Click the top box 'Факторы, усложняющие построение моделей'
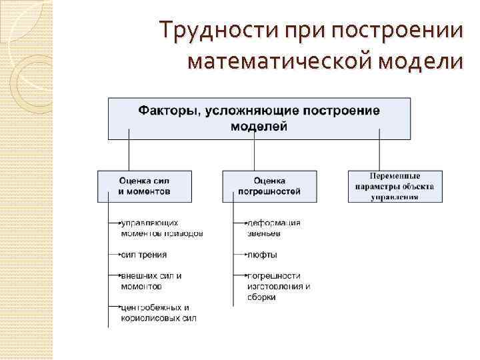pyautogui.click(x=259, y=118)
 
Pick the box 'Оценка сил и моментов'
pyautogui.click(x=145, y=186)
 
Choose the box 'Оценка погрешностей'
pyautogui.click(x=269, y=186)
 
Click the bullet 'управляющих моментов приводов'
pyautogui.click(x=161, y=228)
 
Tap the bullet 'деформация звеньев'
pyautogui.click(x=273, y=228)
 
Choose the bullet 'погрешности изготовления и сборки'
pyautogui.click(x=278, y=286)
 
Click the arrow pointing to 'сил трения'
pyautogui.click(x=115, y=255)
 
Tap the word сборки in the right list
pyautogui.click(x=261, y=297)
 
